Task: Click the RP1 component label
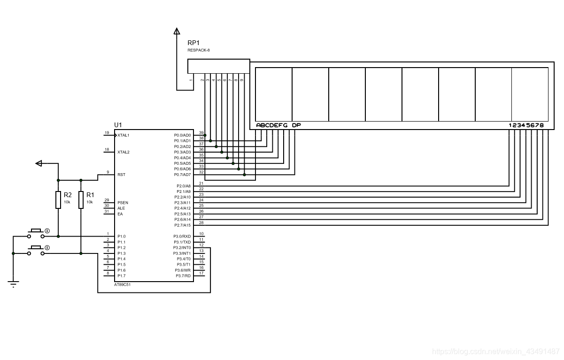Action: coord(193,43)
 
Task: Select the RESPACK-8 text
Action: coord(198,50)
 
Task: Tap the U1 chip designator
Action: coord(118,124)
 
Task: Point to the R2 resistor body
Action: coord(58,199)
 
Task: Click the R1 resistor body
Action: coord(81,199)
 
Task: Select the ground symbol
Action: coord(13,283)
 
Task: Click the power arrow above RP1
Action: coord(177,32)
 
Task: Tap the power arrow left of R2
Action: coord(39,163)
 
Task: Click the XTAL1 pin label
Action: coord(124,135)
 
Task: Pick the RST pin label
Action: coord(121,175)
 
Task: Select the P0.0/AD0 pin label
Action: coord(182,135)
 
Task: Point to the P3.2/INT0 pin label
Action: coord(182,247)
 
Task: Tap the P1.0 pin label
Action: coord(122,236)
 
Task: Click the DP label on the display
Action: coord(296,125)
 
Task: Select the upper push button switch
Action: coord(36,232)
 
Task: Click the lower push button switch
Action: coord(36,250)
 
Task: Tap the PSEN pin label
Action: coord(123,202)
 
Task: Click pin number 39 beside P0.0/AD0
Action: coord(201,133)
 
